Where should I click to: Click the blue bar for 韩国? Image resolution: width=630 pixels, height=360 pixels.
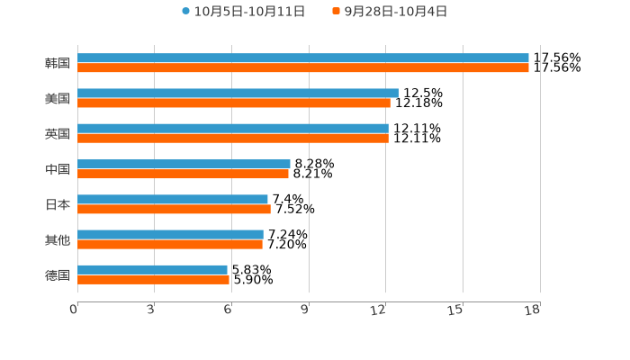(302, 58)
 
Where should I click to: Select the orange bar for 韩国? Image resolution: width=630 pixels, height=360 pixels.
(302, 68)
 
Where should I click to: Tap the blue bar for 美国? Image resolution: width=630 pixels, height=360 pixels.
(238, 94)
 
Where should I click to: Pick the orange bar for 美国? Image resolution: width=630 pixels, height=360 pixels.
(234, 103)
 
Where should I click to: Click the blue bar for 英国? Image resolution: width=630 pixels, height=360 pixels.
(233, 129)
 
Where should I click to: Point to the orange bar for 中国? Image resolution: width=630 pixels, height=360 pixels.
(183, 174)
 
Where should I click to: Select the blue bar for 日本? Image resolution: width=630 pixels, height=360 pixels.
(173, 200)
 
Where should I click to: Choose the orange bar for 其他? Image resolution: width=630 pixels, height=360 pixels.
(170, 245)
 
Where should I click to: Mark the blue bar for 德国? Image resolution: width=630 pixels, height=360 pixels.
(152, 270)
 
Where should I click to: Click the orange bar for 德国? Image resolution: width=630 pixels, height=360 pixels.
(153, 280)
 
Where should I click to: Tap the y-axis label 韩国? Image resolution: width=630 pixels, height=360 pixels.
(58, 64)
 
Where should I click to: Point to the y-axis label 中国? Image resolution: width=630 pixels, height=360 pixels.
(58, 169)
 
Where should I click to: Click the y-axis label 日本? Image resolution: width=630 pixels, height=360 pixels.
(58, 204)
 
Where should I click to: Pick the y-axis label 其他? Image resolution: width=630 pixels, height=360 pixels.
(58, 240)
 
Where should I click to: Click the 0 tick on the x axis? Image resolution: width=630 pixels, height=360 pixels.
(75, 310)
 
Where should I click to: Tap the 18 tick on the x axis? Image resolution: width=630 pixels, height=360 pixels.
(532, 310)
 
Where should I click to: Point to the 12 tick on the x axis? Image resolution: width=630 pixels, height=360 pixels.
(379, 310)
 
